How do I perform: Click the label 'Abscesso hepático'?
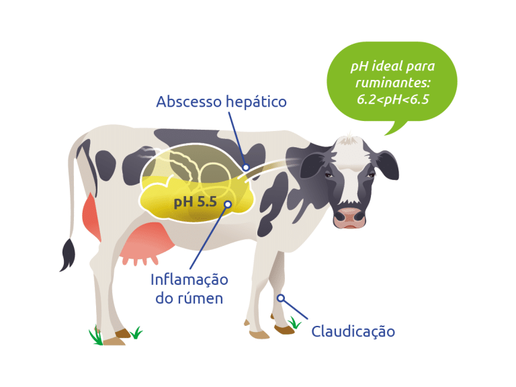click(221, 101)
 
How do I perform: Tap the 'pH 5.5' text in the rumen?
click(195, 202)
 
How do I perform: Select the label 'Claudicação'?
click(353, 331)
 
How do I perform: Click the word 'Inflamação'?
click(189, 279)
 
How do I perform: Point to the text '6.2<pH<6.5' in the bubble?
click(393, 99)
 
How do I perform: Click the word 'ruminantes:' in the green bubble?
click(393, 83)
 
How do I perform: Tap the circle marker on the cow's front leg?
click(280, 298)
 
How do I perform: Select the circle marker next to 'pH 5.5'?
click(228, 204)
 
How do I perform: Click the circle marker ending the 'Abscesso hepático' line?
click(246, 167)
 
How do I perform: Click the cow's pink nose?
click(349, 218)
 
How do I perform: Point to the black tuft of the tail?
click(68, 255)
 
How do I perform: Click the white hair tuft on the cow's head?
click(348, 139)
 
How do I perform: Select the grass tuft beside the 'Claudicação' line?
click(294, 322)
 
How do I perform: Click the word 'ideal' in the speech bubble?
click(386, 66)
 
